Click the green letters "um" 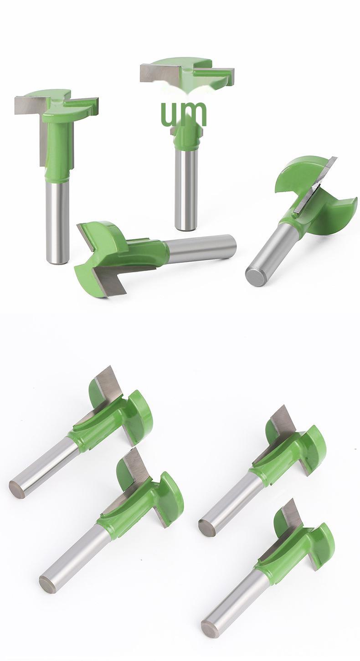184,113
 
